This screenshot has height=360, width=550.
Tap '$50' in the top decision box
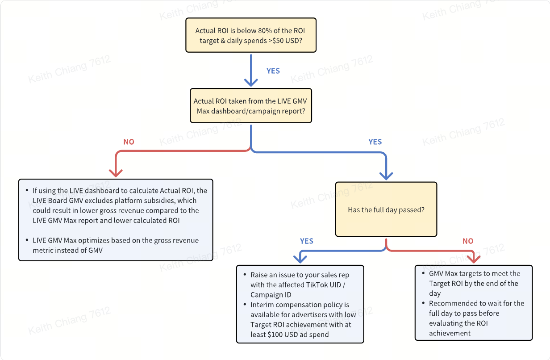pyautogui.click(x=278, y=41)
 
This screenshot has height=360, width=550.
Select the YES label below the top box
pyautogui.click(x=273, y=71)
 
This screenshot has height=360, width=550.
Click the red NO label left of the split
pyautogui.click(x=129, y=142)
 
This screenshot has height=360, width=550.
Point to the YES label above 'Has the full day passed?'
pyautogui.click(x=375, y=142)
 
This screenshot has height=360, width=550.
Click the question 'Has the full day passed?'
pyautogui.click(x=386, y=210)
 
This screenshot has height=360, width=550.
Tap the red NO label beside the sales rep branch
pyautogui.click(x=468, y=241)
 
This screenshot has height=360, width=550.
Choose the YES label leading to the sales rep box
pyautogui.click(x=306, y=241)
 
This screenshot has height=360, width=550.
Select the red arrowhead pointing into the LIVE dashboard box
pyautogui.click(x=116, y=173)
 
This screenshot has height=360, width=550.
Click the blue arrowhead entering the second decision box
pyautogui.click(x=251, y=83)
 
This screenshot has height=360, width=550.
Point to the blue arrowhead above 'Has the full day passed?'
pyautogui.click(x=386, y=176)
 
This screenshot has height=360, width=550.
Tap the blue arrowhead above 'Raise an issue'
pyautogui.click(x=300, y=259)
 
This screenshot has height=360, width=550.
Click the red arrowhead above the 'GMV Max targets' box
pyautogui.click(x=474, y=259)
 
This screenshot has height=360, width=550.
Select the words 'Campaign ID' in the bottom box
pyautogui.click(x=271, y=295)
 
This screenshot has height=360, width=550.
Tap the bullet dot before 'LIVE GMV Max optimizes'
pyautogui.click(x=27, y=240)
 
